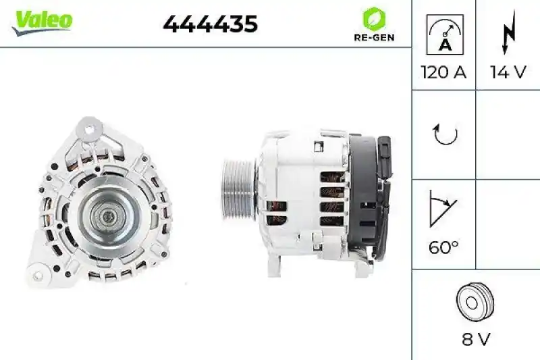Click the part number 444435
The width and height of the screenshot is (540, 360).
(210, 24)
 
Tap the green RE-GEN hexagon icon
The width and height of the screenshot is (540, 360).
(374, 18)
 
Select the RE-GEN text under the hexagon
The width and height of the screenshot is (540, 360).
(374, 38)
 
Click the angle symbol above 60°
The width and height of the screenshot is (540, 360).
(442, 211)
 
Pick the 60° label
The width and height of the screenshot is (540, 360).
(443, 247)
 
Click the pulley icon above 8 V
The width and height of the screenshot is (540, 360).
(475, 302)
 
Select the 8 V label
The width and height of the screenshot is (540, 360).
(476, 338)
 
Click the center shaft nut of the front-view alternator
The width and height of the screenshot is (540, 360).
(107, 216)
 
